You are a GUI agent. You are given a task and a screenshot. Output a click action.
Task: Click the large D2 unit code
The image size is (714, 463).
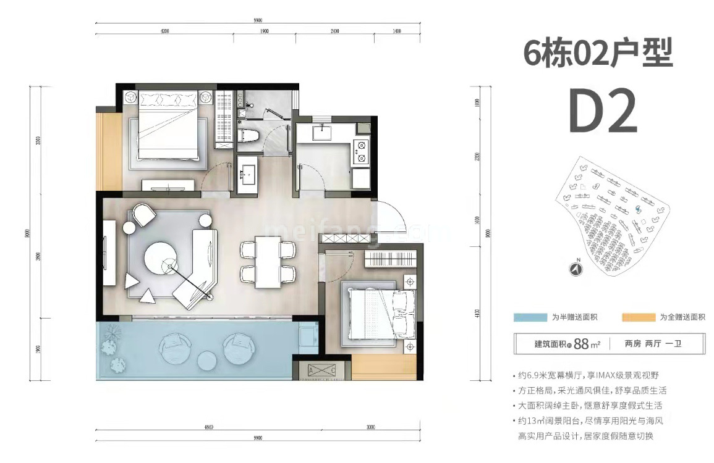(602, 112)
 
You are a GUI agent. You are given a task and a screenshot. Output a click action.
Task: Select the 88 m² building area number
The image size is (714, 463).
(580, 344)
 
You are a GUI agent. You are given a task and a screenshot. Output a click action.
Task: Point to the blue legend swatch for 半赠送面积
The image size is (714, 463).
(530, 317)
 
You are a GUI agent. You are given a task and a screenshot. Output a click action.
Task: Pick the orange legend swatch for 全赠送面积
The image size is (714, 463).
(639, 317)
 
